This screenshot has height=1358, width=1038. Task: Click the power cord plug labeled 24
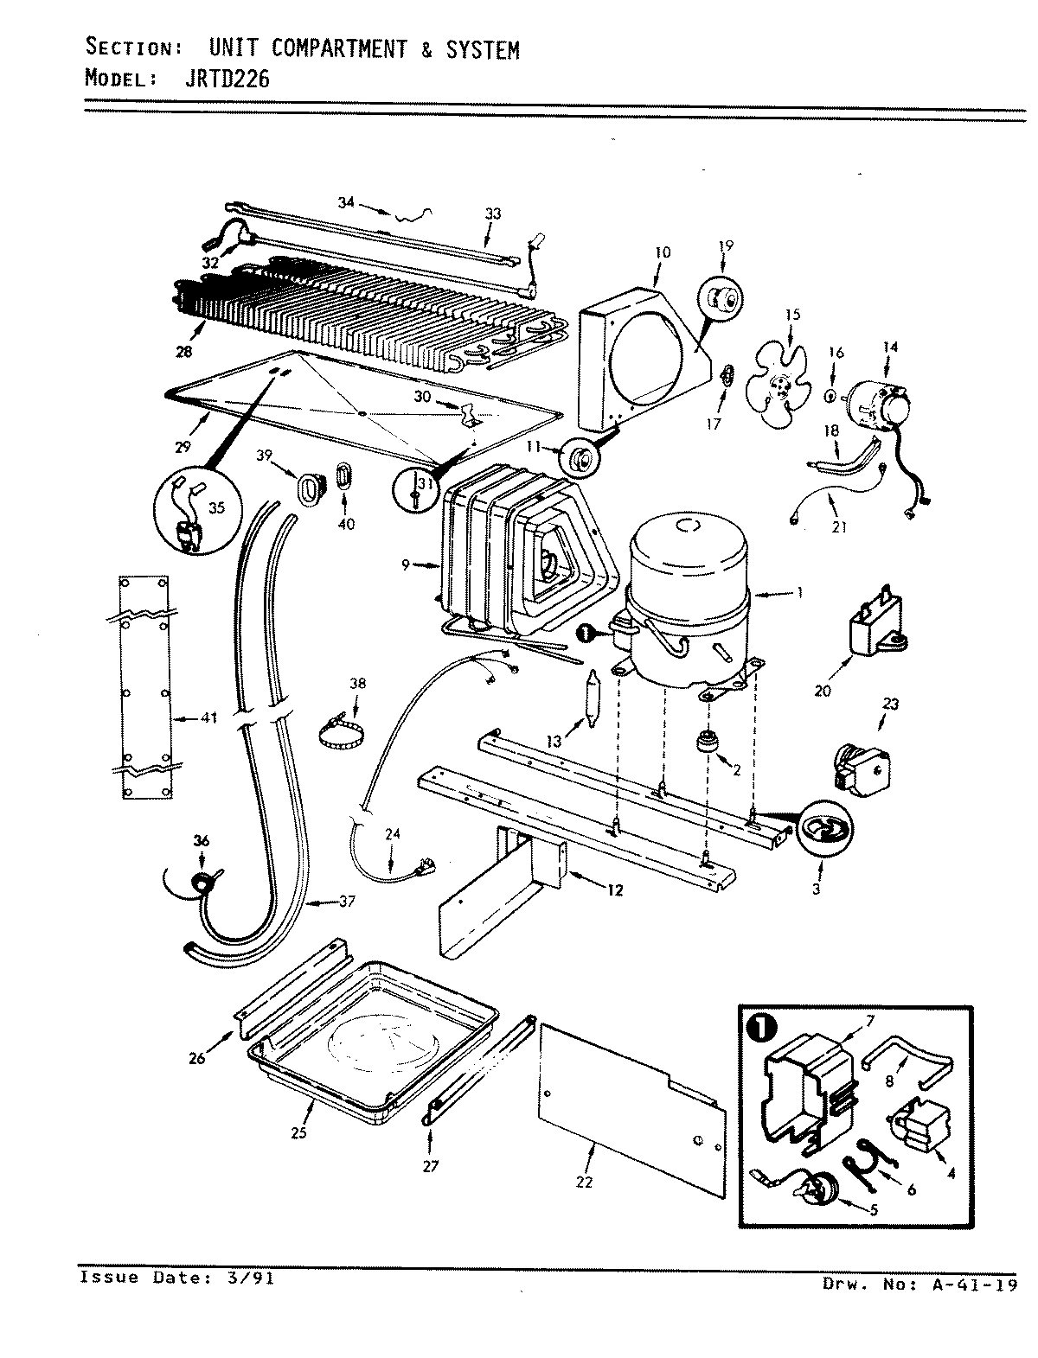[x=423, y=864]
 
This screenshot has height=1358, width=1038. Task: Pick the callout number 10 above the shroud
[x=663, y=252]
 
